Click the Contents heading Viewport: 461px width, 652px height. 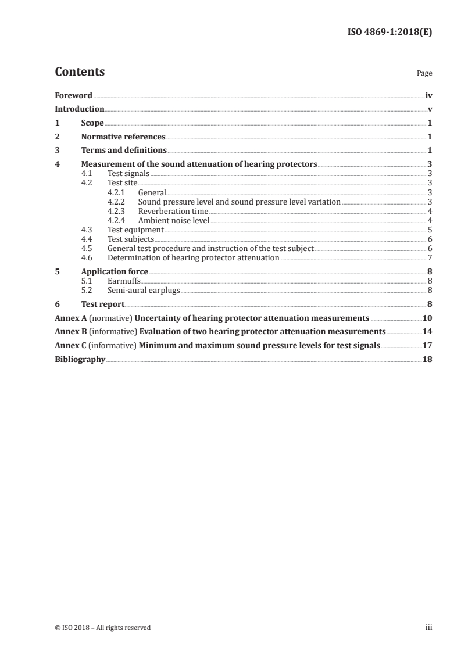[x=80, y=72]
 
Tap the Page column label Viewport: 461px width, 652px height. [x=424, y=74]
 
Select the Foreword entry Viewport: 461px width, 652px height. [x=73, y=95]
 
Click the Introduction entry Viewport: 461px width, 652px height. [x=79, y=109]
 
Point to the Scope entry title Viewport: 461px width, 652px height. [x=92, y=123]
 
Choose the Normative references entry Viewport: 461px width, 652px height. [x=123, y=137]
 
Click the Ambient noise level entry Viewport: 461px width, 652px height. [x=173, y=220]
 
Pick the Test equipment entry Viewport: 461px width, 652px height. [x=135, y=230]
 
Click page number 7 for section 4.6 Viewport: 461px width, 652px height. [x=429, y=257]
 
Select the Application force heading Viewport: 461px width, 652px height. [x=115, y=271]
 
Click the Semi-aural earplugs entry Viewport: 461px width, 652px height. [x=144, y=290]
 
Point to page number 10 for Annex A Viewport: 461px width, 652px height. [x=427, y=318]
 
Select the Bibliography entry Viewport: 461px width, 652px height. [x=80, y=360]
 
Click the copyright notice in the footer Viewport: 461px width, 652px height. [x=102, y=628]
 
